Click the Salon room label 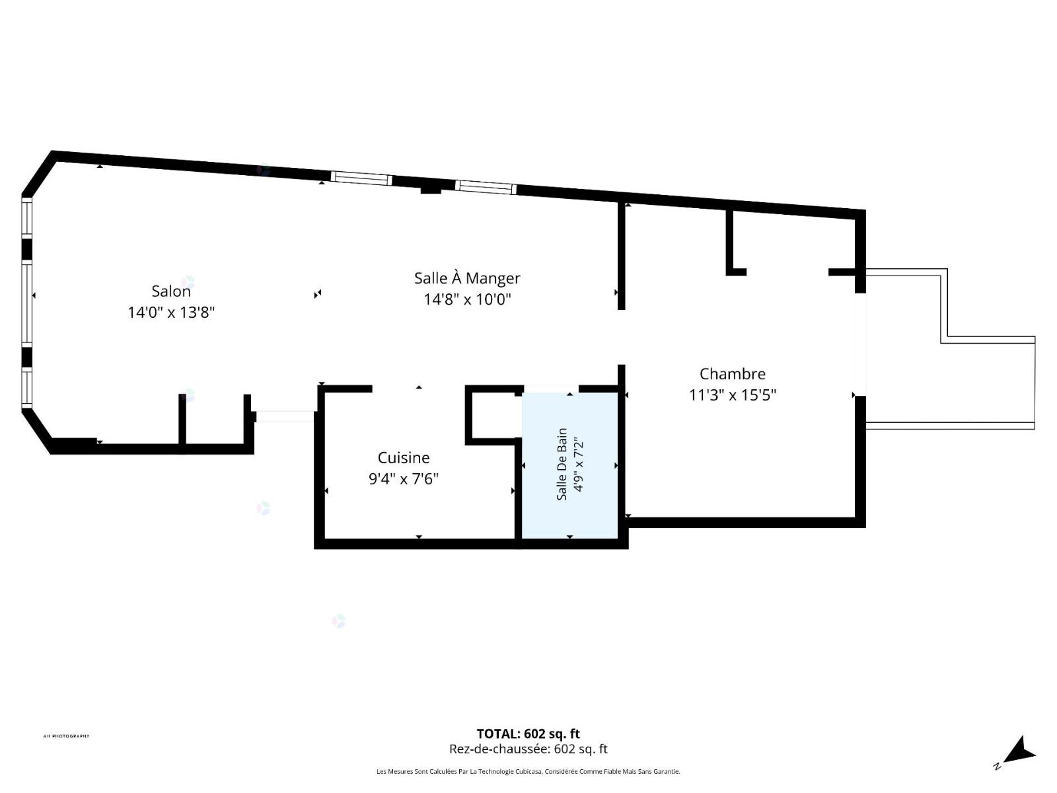[x=171, y=291]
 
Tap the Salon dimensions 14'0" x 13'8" [x=171, y=313]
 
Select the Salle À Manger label [x=467, y=278]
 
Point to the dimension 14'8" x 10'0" [x=467, y=299]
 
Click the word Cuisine [x=404, y=457]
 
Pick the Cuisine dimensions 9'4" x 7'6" [x=404, y=479]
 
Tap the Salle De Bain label [x=562, y=464]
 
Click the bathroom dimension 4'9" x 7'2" [x=578, y=465]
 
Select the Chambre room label [x=733, y=373]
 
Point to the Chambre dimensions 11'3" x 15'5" [x=733, y=395]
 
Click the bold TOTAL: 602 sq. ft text [x=528, y=734]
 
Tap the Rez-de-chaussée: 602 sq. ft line [x=528, y=749]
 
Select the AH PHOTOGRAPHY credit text [x=67, y=736]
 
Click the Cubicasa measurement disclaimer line [x=528, y=772]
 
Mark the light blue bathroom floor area [x=569, y=466]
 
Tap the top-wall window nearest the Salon [x=361, y=178]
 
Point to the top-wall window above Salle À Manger [x=486, y=187]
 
